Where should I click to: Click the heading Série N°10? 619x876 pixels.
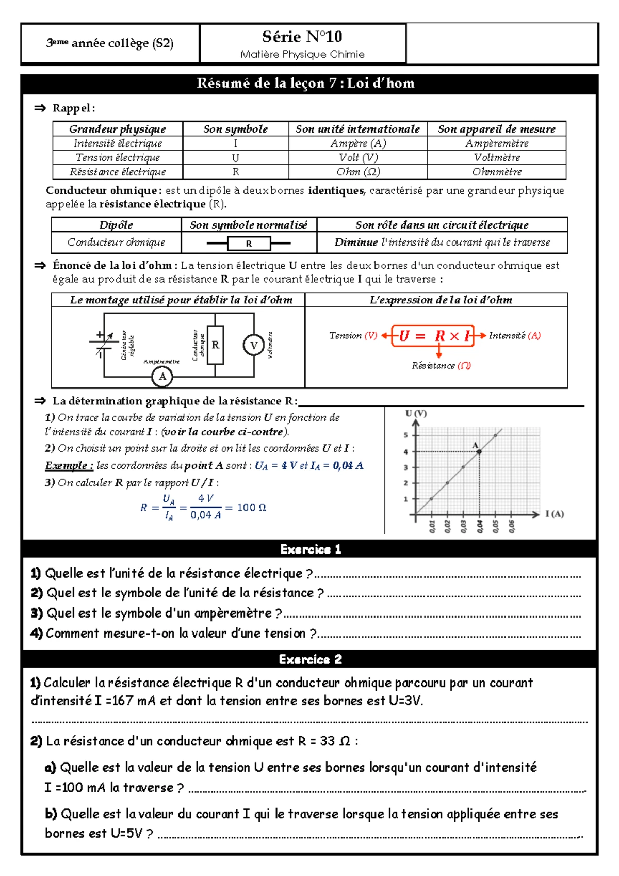point(302,37)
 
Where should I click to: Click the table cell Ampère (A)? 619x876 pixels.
point(358,143)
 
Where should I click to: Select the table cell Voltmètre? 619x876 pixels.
point(497,157)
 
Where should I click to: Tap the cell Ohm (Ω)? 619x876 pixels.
point(358,172)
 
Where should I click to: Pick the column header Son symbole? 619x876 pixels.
point(235,129)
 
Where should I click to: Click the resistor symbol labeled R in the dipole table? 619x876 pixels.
point(249,243)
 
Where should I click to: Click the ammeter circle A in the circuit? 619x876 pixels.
point(162,377)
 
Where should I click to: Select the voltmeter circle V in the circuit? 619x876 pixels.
point(253,345)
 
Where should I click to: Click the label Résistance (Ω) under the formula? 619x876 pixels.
point(441,366)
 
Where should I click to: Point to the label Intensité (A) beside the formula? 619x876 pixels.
point(514,336)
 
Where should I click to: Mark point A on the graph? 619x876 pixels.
point(479,451)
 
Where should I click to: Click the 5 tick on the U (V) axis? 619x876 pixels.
point(406,435)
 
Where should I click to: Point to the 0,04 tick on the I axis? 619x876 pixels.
point(480,526)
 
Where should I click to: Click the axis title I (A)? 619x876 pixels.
point(555,514)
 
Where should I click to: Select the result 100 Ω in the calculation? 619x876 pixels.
point(251,508)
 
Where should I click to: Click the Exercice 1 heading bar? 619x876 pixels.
point(309,549)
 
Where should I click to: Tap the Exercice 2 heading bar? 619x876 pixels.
point(309,659)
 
